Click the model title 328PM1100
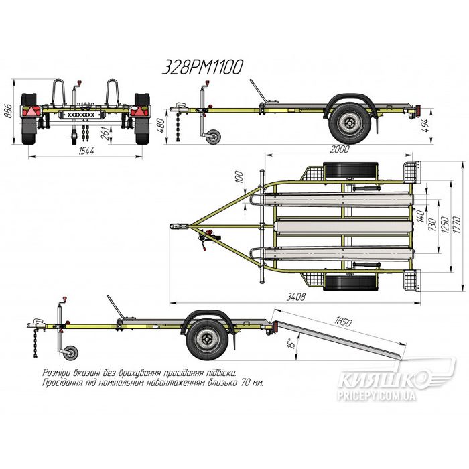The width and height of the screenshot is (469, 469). [202, 67]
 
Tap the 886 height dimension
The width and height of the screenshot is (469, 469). [8, 111]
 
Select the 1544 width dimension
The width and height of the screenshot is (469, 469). [86, 151]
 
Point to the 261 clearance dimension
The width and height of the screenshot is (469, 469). [105, 133]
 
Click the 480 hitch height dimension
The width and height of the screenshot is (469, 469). [160, 126]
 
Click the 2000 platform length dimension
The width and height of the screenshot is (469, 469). [340, 149]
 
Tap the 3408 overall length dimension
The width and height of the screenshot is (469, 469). [296, 297]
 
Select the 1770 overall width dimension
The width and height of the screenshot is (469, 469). [457, 225]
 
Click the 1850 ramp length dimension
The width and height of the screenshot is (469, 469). [343, 321]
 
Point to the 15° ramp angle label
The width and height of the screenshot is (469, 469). [291, 343]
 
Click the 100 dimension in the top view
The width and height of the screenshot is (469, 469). [239, 178]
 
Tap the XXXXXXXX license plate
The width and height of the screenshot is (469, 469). [81, 115]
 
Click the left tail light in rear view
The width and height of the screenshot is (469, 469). [31, 111]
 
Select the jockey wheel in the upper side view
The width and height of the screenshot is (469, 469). [214, 137]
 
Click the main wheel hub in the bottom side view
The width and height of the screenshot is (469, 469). [206, 339]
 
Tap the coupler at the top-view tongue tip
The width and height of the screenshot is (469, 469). [179, 226]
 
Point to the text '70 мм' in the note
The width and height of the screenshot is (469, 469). [253, 383]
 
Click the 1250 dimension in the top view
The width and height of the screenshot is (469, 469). [446, 225]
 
